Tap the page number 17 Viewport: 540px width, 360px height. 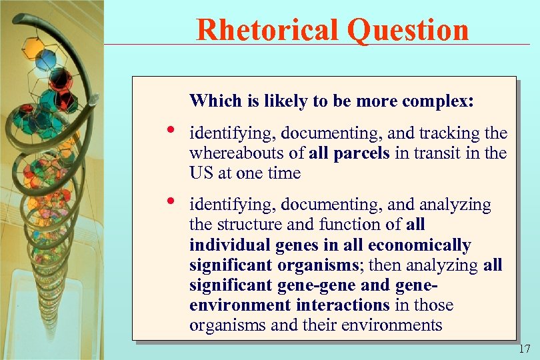click(523, 349)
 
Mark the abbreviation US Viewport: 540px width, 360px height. click(200, 173)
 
